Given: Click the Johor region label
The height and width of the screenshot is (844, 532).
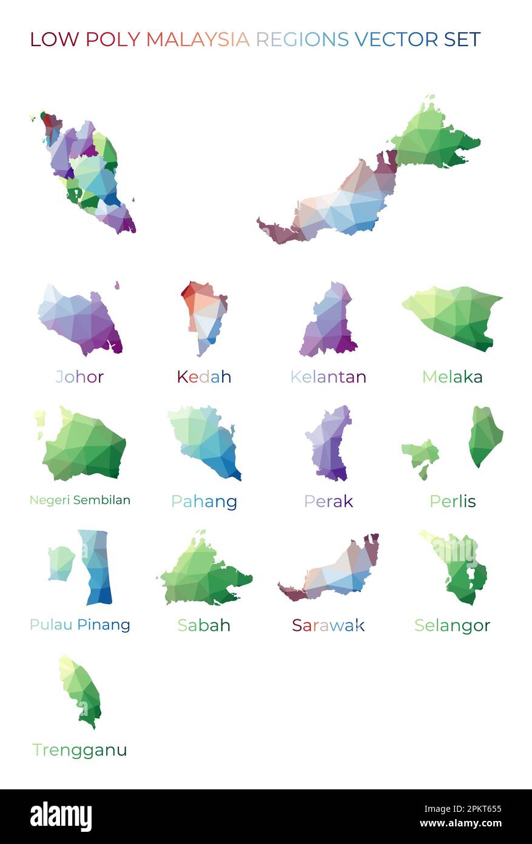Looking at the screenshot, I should [x=79, y=377].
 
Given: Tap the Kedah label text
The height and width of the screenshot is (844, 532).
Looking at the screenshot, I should [x=204, y=377].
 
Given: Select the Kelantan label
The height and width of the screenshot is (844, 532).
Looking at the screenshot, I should [x=328, y=377].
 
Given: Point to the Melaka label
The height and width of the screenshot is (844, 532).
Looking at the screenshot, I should [x=453, y=377].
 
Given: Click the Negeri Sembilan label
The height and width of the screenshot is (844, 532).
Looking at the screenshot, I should [x=80, y=500].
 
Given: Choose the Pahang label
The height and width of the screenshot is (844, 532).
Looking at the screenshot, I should [x=204, y=502].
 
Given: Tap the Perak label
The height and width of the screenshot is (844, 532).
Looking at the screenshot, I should [x=328, y=502].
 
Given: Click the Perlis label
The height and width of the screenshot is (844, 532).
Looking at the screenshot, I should [x=453, y=502].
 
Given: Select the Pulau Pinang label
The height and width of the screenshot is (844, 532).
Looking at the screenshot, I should [x=80, y=625].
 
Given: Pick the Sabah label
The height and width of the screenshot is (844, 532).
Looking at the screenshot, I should [x=204, y=625].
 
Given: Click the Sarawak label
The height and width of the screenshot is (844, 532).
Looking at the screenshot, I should [x=328, y=625].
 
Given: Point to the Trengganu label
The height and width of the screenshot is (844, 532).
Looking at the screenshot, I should [x=80, y=750].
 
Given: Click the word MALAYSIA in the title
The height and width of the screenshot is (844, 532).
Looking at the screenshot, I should [x=198, y=39].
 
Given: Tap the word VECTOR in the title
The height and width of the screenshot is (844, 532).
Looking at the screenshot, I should [x=397, y=39].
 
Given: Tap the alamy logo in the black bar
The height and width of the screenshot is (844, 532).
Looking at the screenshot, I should [x=61, y=817].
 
